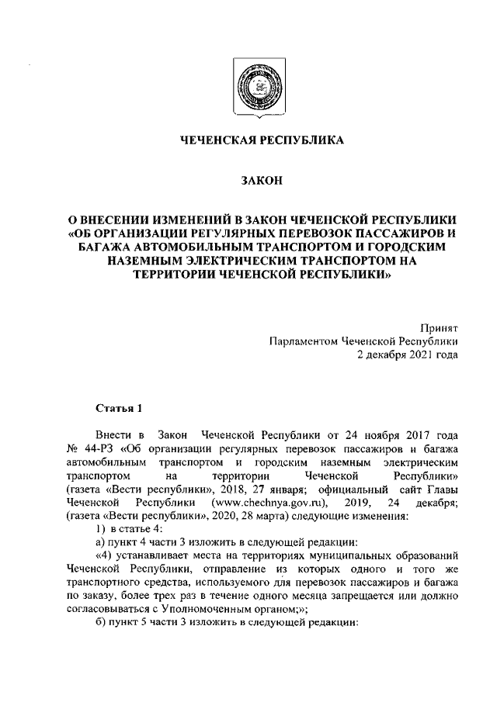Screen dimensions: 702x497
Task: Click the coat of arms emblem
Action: (248, 86)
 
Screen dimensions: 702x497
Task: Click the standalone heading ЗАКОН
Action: (248, 181)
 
